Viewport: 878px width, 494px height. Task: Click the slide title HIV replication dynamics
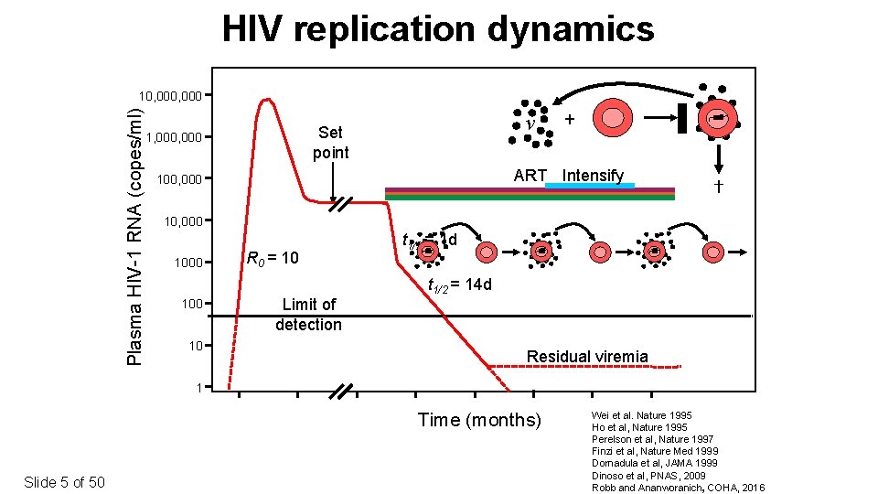[438, 29]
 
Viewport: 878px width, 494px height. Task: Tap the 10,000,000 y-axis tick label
[169, 96]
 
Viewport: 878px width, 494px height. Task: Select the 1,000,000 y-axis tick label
[174, 138]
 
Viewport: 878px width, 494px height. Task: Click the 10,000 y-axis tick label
[183, 220]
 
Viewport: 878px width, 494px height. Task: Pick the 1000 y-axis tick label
[189, 263]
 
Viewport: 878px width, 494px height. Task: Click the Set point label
[330, 143]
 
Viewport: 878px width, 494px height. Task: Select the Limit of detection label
[308, 314]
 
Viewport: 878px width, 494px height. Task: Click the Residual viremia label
[587, 357]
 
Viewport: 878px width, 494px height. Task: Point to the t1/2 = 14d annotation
[460, 285]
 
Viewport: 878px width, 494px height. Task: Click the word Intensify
[593, 176]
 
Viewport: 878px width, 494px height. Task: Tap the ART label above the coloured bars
[530, 176]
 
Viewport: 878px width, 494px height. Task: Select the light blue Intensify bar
[589, 186]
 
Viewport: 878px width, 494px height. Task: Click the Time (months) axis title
[479, 420]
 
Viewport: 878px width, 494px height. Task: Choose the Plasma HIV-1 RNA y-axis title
[134, 236]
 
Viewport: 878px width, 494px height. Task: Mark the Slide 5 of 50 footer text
[64, 482]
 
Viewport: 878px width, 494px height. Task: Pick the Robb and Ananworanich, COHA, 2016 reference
[678, 486]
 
